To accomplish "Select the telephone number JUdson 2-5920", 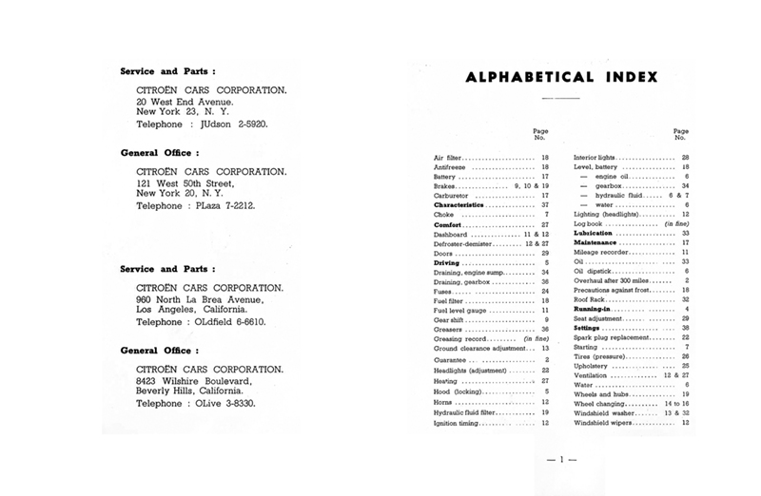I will (228, 123).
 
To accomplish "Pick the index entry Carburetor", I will (454, 195).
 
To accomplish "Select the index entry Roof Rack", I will (590, 299).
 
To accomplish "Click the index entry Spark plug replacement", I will (612, 337).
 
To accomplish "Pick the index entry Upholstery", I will (592, 366).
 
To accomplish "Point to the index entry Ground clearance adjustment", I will (479, 348).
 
